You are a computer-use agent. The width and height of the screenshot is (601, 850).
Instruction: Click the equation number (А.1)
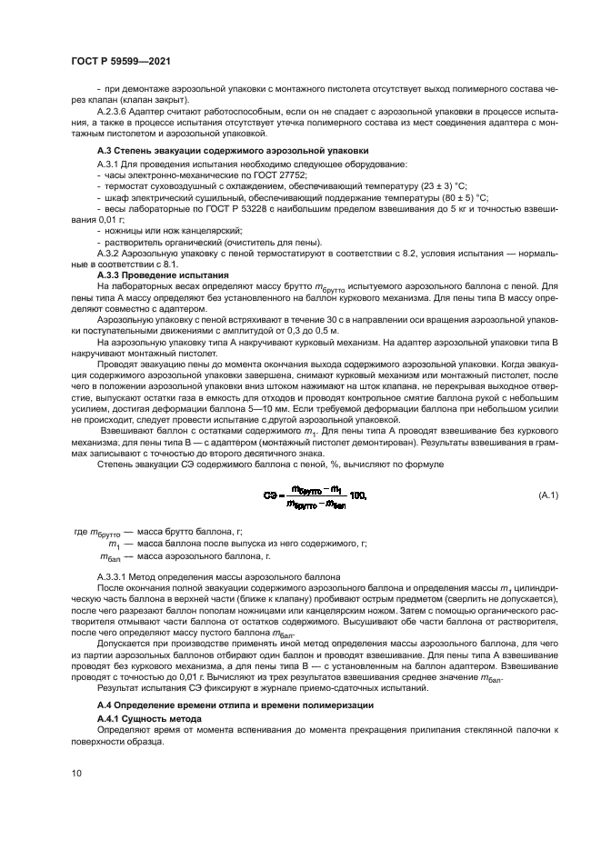tap(549, 495)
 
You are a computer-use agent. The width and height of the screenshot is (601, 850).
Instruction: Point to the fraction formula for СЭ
tap(316, 496)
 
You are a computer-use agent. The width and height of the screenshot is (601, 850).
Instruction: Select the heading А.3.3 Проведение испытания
tap(147, 274)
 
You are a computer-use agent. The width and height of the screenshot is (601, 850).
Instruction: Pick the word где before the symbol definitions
tap(79, 531)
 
